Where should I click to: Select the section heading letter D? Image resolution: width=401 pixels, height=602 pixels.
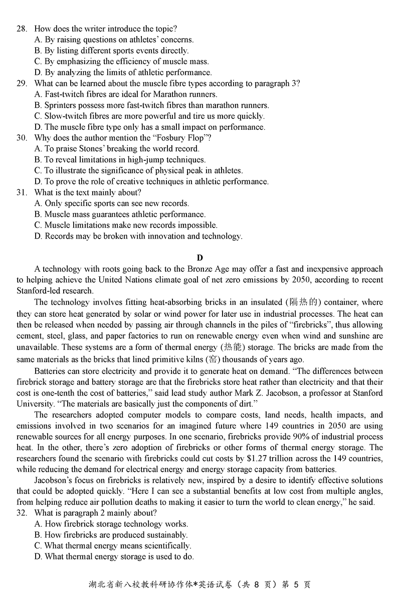pyautogui.click(x=200, y=258)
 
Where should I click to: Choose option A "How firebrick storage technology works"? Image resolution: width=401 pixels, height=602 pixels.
pyautogui.click(x=111, y=524)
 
